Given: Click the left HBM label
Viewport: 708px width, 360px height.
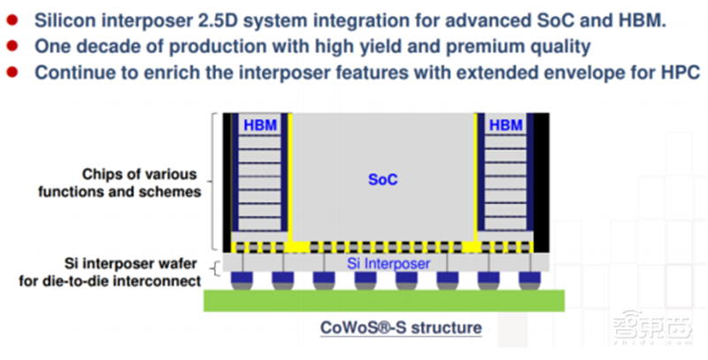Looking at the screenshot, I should pyautogui.click(x=260, y=126).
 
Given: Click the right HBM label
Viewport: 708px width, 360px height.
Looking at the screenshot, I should pyautogui.click(x=505, y=126).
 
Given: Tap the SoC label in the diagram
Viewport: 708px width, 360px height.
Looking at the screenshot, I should pyautogui.click(x=383, y=180).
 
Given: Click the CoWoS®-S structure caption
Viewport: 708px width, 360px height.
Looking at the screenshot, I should pyautogui.click(x=400, y=327).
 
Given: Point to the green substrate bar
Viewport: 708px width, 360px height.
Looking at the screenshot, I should pyautogui.click(x=384, y=299).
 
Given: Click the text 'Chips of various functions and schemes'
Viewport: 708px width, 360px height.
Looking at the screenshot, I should pyautogui.click(x=140, y=182).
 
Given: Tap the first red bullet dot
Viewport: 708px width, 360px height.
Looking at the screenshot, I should pyautogui.click(x=12, y=19).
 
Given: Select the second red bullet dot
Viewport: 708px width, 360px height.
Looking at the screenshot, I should pyautogui.click(x=12, y=45).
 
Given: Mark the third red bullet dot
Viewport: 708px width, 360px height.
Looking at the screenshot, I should pyautogui.click(x=12, y=72).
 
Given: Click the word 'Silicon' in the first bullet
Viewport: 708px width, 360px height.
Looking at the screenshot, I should pyautogui.click(x=65, y=19).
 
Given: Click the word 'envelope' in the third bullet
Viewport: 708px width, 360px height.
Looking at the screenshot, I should pyautogui.click(x=551, y=72).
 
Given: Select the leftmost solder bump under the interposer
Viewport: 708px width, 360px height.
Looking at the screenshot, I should pyautogui.click(x=241, y=280).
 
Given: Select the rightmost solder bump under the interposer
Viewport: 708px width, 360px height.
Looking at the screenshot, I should pyautogui.click(x=527, y=280).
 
